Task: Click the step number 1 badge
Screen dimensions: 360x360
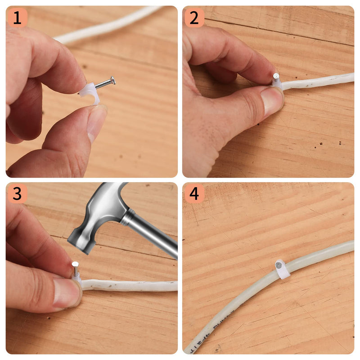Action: point(17,18)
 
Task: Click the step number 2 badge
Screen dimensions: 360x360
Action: point(194,18)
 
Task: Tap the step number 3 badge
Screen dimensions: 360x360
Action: point(17,194)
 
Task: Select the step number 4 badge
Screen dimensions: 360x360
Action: point(194,194)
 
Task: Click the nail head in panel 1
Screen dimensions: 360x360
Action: point(112,80)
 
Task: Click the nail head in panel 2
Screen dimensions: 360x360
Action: point(276,76)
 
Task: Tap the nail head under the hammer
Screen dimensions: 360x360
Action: point(75,265)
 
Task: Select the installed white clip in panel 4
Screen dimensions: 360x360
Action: point(282,268)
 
